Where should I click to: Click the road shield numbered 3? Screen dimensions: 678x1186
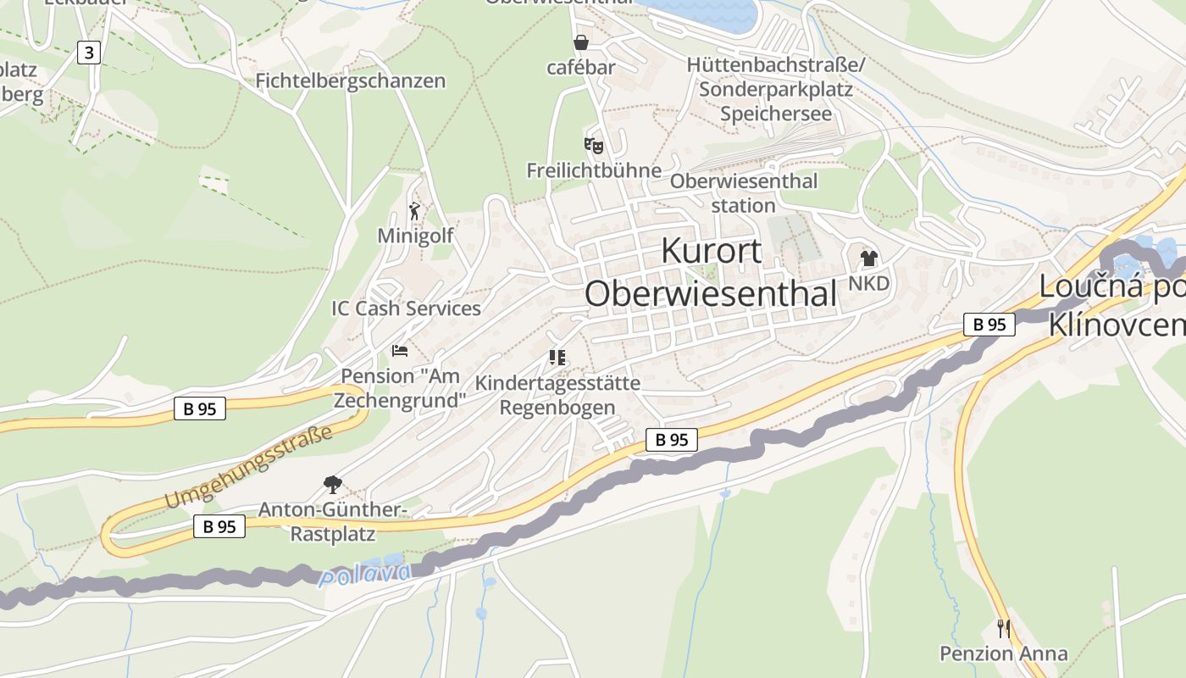[89, 53]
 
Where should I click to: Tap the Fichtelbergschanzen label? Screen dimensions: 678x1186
[350, 81]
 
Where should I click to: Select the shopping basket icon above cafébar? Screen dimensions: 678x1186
[581, 42]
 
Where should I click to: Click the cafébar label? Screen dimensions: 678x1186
[581, 67]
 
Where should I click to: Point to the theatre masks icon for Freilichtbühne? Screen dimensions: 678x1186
[593, 146]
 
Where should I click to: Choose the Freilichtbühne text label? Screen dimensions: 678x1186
[594, 170]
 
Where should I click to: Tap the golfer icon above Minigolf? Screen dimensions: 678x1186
[414, 211]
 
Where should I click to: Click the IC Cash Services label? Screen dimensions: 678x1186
[406, 308]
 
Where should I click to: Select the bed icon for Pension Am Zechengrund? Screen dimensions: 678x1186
[400, 351]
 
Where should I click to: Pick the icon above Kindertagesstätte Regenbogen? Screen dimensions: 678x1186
[557, 358]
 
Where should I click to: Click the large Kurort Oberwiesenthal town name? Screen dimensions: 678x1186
[711, 272]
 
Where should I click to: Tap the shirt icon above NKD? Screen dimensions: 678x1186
[868, 258]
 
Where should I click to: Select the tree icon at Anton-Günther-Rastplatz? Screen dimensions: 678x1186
[333, 485]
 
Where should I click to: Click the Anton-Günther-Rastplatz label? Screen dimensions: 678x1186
[333, 521]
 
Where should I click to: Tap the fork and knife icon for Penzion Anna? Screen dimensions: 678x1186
[1004, 629]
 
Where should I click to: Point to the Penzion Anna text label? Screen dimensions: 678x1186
[1004, 653]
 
